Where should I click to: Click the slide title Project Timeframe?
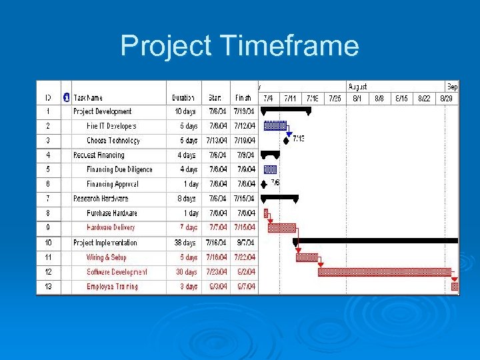[x=239, y=47]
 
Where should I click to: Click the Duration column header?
[x=183, y=97]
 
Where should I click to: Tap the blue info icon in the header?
[x=66, y=97]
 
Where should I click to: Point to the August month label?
[x=358, y=87]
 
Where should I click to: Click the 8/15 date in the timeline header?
[x=401, y=97]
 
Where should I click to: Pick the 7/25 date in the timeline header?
[x=334, y=97]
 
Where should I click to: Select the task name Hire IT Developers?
[x=111, y=126]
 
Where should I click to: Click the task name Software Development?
[x=117, y=272]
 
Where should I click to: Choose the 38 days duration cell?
[x=185, y=243]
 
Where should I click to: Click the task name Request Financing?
[x=99, y=155]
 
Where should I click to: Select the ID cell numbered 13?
[x=48, y=287]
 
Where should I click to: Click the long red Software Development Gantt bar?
[x=384, y=272]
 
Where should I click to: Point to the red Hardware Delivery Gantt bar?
[x=282, y=228]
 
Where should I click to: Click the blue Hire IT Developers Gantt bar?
[x=275, y=125]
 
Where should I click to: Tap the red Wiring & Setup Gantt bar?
[x=307, y=257]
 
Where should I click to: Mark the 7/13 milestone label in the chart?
[x=298, y=139]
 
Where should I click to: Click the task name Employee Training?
[x=112, y=287]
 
